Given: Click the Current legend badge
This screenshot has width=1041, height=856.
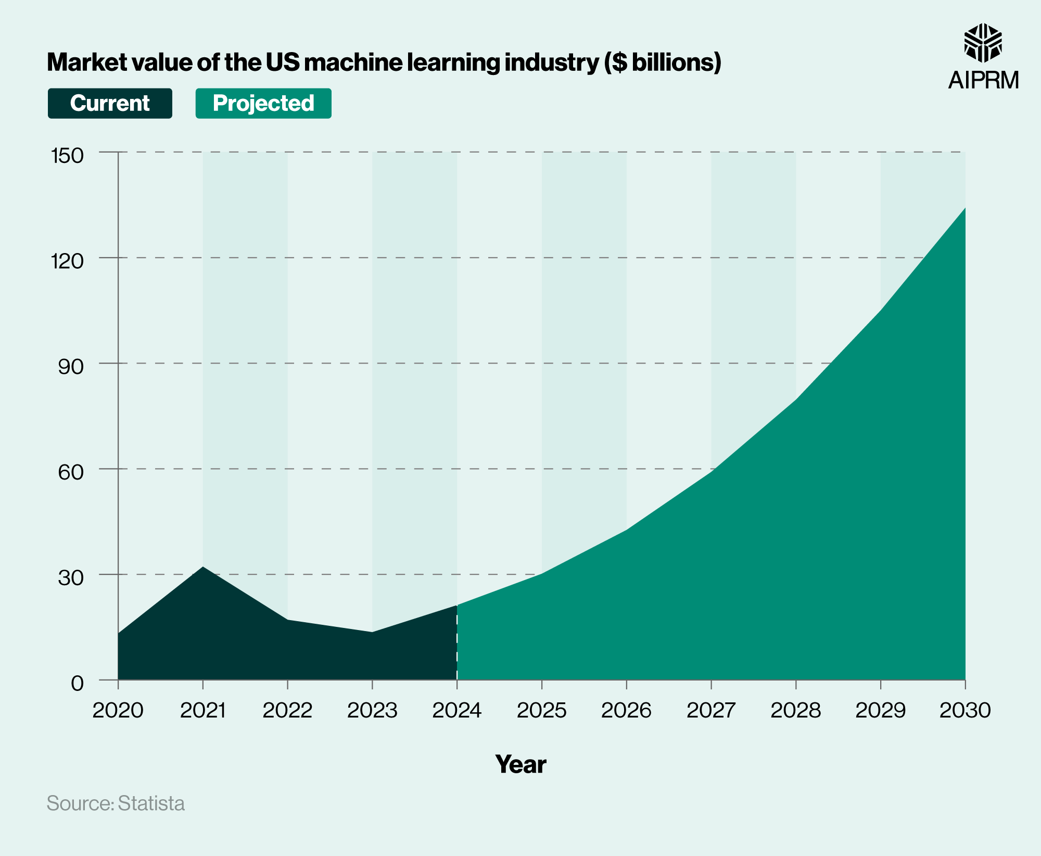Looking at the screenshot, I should pos(110,103).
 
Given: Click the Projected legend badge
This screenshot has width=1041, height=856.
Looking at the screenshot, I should pos(263,103).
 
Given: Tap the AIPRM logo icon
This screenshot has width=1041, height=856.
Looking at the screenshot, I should pos(983,43).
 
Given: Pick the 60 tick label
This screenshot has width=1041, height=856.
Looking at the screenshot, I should pos(71,472).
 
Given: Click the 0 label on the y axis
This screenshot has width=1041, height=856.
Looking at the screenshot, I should pos(77,683).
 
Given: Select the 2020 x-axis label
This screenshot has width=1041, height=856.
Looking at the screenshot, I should pos(118,710).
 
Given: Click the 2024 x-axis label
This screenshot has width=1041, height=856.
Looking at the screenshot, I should pos(457,710).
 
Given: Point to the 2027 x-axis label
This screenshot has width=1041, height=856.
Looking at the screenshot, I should pos(711,710).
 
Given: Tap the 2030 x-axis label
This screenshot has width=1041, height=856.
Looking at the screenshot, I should pos(965,710).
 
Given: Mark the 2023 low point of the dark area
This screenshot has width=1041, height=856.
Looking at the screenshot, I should pos(372,633).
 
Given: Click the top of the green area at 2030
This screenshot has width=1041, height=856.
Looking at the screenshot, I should pos(964,209).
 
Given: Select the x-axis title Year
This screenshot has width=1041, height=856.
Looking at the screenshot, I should pos(520,764).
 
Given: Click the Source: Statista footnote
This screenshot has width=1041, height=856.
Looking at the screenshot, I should pos(116,803).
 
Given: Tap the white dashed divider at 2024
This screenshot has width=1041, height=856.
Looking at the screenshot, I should pos(457,646).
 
